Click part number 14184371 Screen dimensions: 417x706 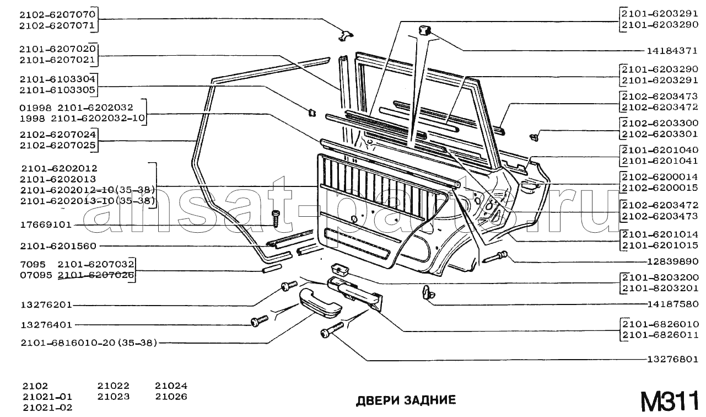pyautogui.click(x=672, y=51)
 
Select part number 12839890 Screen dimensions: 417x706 pyautogui.click(x=672, y=261)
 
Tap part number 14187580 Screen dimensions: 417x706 pyautogui.click(x=672, y=304)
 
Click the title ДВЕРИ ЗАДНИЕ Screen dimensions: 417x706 pyautogui.click(x=406, y=400)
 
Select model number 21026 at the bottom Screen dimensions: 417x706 pyautogui.click(x=171, y=397)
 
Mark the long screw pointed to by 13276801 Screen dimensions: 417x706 pyautogui.click(x=330, y=330)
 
